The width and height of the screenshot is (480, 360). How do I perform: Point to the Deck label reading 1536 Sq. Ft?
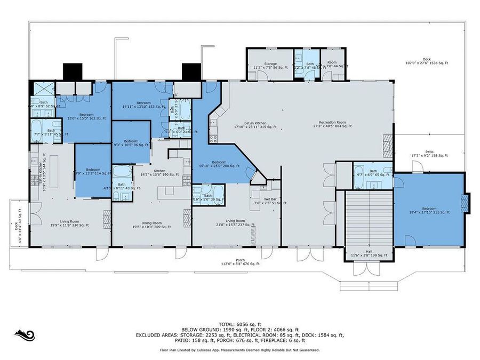[427, 61]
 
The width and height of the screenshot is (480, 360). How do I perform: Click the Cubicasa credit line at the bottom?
[239, 350]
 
